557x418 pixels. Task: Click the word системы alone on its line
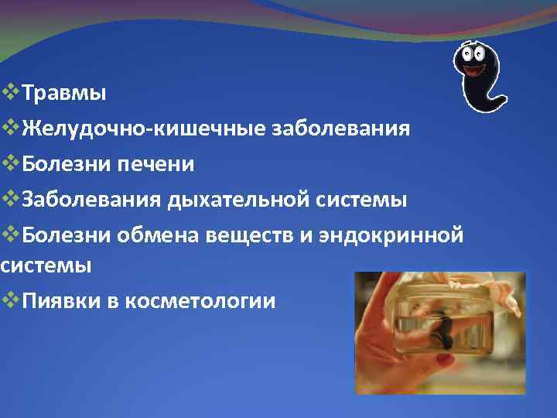(46, 266)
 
